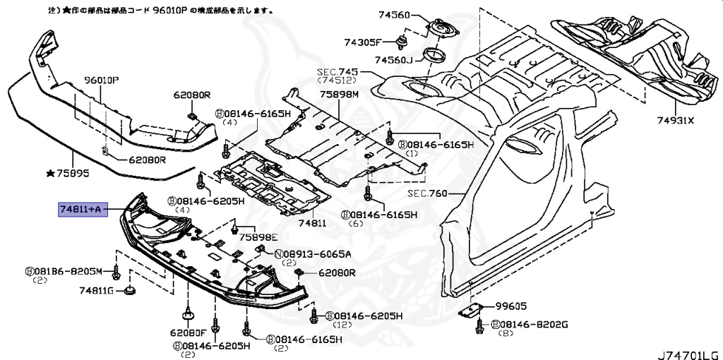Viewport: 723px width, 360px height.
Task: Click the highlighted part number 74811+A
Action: (83, 210)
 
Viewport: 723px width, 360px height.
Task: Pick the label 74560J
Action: (393, 60)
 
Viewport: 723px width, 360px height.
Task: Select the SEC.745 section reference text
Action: (337, 71)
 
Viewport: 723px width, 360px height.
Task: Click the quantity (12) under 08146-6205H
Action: (342, 325)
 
